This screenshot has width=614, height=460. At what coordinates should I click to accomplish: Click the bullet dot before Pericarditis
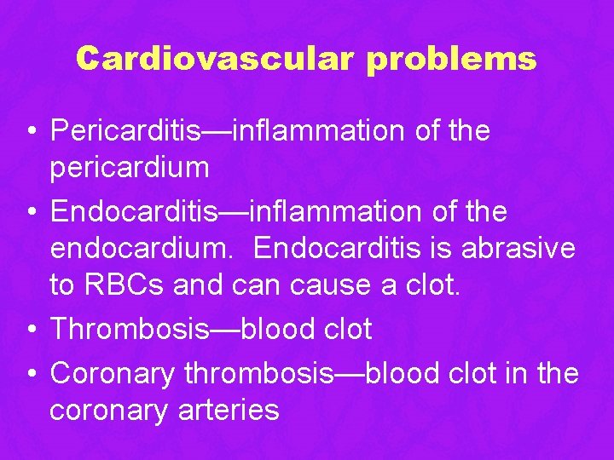30,132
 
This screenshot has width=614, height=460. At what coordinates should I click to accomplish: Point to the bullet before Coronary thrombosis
30,374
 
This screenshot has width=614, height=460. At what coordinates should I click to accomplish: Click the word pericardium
129,168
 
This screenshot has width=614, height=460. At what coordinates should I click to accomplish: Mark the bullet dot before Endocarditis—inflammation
30,210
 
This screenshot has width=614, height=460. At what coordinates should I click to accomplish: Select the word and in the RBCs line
197,285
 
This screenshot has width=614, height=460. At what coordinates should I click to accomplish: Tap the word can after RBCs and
253,285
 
